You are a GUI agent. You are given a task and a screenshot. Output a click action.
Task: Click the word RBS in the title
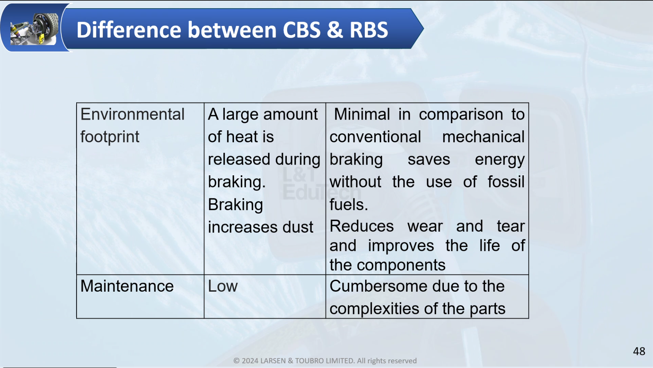pyautogui.click(x=369, y=29)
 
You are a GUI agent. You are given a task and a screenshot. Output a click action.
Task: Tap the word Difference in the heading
pyautogui.click(x=129, y=29)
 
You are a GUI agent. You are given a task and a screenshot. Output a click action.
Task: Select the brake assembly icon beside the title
pyautogui.click(x=34, y=29)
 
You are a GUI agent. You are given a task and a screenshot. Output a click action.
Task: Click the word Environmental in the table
pyautogui.click(x=132, y=114)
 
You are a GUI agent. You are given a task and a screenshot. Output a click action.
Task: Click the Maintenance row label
pyautogui.click(x=127, y=286)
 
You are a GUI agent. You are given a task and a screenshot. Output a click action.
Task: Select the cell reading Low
pyautogui.click(x=223, y=286)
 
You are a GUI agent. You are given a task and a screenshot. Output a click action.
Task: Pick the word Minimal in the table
pyautogui.click(x=362, y=114)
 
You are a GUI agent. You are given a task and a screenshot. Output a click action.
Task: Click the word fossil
pyautogui.click(x=506, y=182)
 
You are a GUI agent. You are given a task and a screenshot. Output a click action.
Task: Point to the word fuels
pyautogui.click(x=349, y=204)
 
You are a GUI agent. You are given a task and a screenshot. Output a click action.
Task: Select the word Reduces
pyautogui.click(x=362, y=226)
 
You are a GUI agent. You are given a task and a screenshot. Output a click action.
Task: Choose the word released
pyautogui.click(x=239, y=159)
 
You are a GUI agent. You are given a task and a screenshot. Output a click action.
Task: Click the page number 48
pyautogui.click(x=639, y=351)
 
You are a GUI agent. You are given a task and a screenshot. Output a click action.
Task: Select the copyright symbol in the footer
pyautogui.click(x=236, y=361)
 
